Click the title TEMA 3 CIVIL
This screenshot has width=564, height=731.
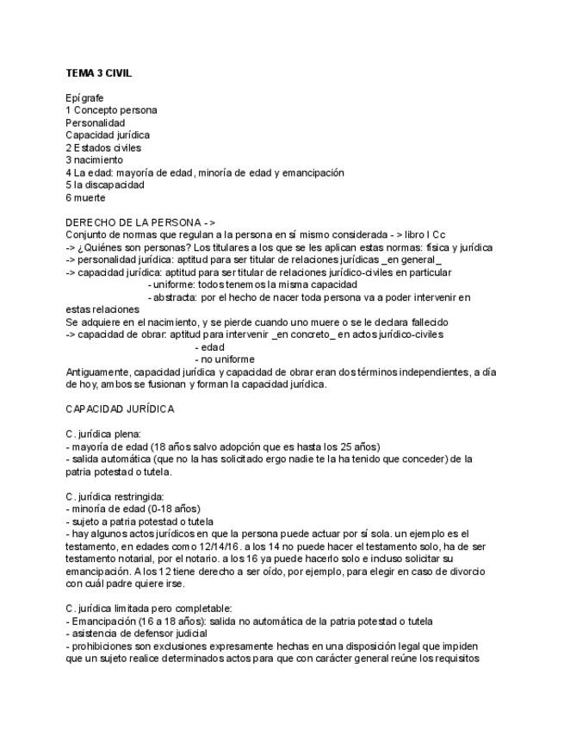coord(99,72)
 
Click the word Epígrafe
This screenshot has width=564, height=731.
coord(84,97)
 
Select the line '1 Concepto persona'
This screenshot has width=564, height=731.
coord(111,110)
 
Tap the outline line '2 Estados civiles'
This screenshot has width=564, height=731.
coord(103,147)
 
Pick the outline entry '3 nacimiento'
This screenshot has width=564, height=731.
coord(94,159)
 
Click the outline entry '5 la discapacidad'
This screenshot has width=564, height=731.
coord(105,184)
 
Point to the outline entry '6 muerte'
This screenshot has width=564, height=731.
coord(85,197)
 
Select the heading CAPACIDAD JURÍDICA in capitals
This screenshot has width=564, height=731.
coord(120,409)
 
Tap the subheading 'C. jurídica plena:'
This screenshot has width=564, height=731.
coord(103,434)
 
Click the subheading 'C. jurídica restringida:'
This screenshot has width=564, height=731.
coord(115,496)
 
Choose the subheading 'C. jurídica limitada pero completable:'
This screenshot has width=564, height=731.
coord(148,608)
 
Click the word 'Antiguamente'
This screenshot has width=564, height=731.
coord(96,372)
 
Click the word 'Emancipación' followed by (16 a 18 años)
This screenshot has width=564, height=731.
coord(102,621)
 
